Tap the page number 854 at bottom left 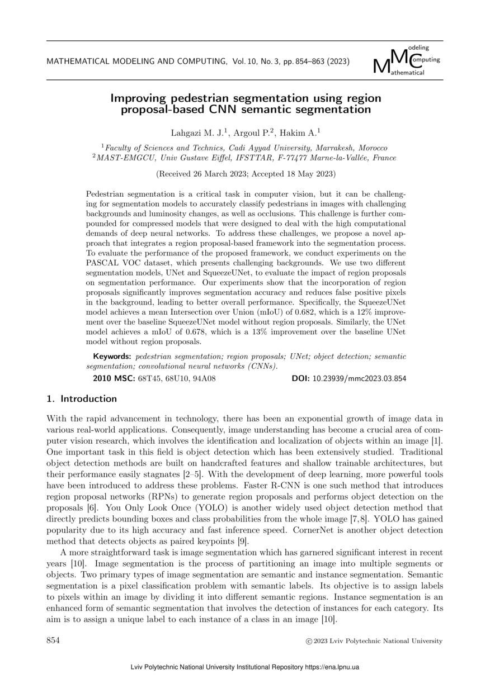point(53,640)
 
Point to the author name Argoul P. point(249,132)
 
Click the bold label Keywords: point(112,357)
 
